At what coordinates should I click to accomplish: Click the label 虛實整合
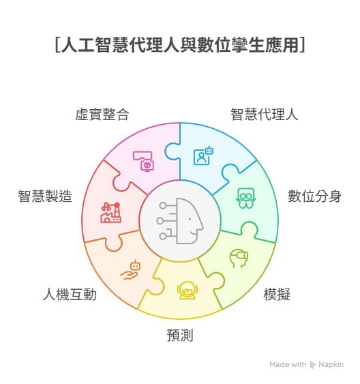tap(102, 114)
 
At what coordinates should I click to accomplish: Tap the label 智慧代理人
tap(265, 114)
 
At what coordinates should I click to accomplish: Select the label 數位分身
tap(314, 196)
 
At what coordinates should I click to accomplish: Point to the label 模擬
tap(277, 294)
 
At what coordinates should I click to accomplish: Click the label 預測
tap(180, 335)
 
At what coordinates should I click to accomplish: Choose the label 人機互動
tap(70, 294)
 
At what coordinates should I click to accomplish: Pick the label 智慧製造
tap(45, 196)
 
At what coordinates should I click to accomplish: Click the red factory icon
tap(111, 213)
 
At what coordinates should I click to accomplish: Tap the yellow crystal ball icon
tap(187, 290)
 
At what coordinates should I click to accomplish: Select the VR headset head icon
tap(239, 259)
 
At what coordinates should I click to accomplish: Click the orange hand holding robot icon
tap(130, 270)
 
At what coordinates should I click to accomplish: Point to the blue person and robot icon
tap(203, 156)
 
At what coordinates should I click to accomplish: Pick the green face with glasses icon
tap(245, 198)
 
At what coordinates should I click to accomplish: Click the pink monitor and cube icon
tap(144, 161)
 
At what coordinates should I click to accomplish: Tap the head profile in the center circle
tap(190, 221)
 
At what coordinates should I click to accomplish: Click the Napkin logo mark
tap(312, 365)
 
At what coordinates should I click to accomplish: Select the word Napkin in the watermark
tap(331, 364)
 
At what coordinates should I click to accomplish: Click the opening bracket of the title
tap(57, 45)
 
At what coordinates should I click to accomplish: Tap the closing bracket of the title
tap(302, 45)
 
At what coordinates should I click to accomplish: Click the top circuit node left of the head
tap(163, 205)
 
